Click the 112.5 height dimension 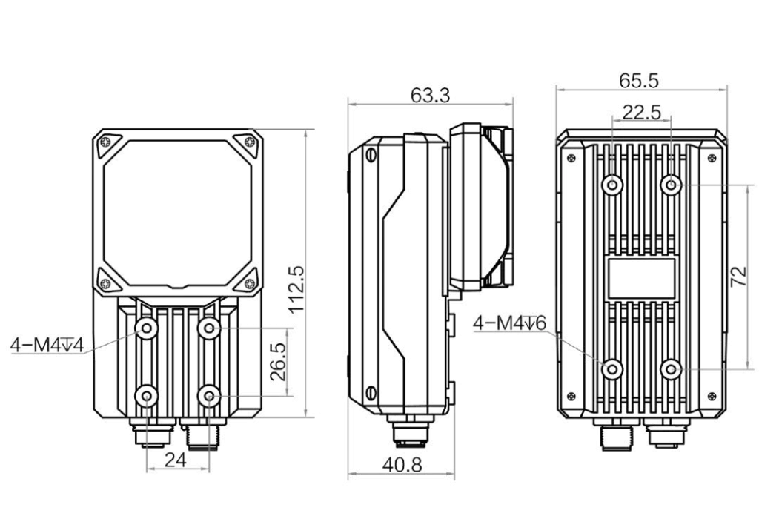point(296,289)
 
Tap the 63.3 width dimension point(430,96)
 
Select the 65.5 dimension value point(639,81)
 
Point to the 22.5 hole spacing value point(641,112)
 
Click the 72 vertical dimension point(739,277)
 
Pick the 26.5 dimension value point(278,362)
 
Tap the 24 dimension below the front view point(175,460)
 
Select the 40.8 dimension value point(402,466)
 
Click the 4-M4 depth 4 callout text point(47,346)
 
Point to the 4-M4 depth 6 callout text point(509,323)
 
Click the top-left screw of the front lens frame point(105,142)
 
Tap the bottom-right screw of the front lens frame point(251,284)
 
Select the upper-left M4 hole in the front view point(147,328)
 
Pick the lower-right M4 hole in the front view point(209,397)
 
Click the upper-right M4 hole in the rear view point(671,185)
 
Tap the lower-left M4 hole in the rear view point(612,369)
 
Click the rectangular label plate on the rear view point(641,278)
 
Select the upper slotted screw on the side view point(371,154)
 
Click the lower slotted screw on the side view point(371,392)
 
